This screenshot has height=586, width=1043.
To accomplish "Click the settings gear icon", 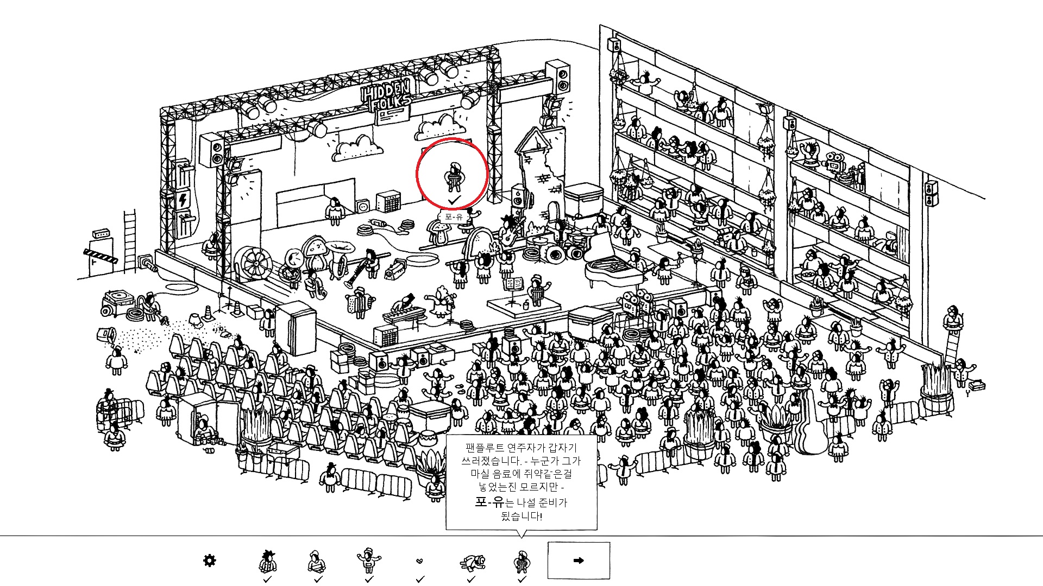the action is coord(209,560).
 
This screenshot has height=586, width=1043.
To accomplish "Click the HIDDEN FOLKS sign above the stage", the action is coord(386,95).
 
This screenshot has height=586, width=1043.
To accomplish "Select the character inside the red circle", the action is coord(454,176).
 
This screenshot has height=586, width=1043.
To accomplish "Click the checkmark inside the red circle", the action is coord(454,201).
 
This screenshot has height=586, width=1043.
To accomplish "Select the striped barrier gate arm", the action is coord(100,256).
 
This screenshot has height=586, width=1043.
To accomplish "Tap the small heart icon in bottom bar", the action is coord(419,561).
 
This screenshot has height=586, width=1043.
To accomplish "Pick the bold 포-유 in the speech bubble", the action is coord(489,502).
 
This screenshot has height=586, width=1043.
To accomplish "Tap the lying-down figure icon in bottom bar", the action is coord(472,562).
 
